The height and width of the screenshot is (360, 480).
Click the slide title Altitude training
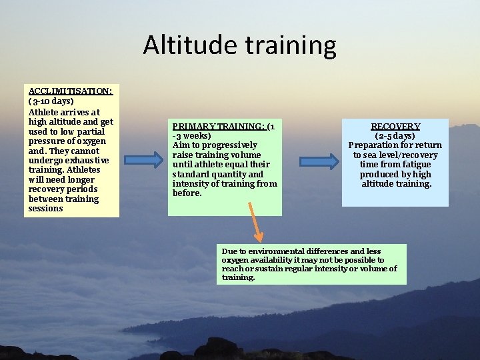click(x=239, y=45)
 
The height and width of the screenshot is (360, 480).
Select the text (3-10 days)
click(x=51, y=102)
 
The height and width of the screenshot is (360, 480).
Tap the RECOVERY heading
click(x=395, y=126)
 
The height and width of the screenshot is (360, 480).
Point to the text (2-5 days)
click(x=395, y=135)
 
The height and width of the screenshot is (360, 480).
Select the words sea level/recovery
click(x=401, y=155)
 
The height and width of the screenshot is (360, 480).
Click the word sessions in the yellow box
click(x=45, y=209)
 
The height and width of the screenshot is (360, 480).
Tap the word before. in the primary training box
click(x=187, y=193)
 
